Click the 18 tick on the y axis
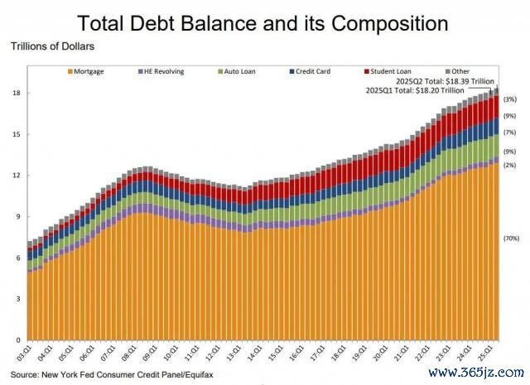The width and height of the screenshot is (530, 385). click(x=17, y=93)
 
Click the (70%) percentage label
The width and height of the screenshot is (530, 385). click(x=510, y=238)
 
